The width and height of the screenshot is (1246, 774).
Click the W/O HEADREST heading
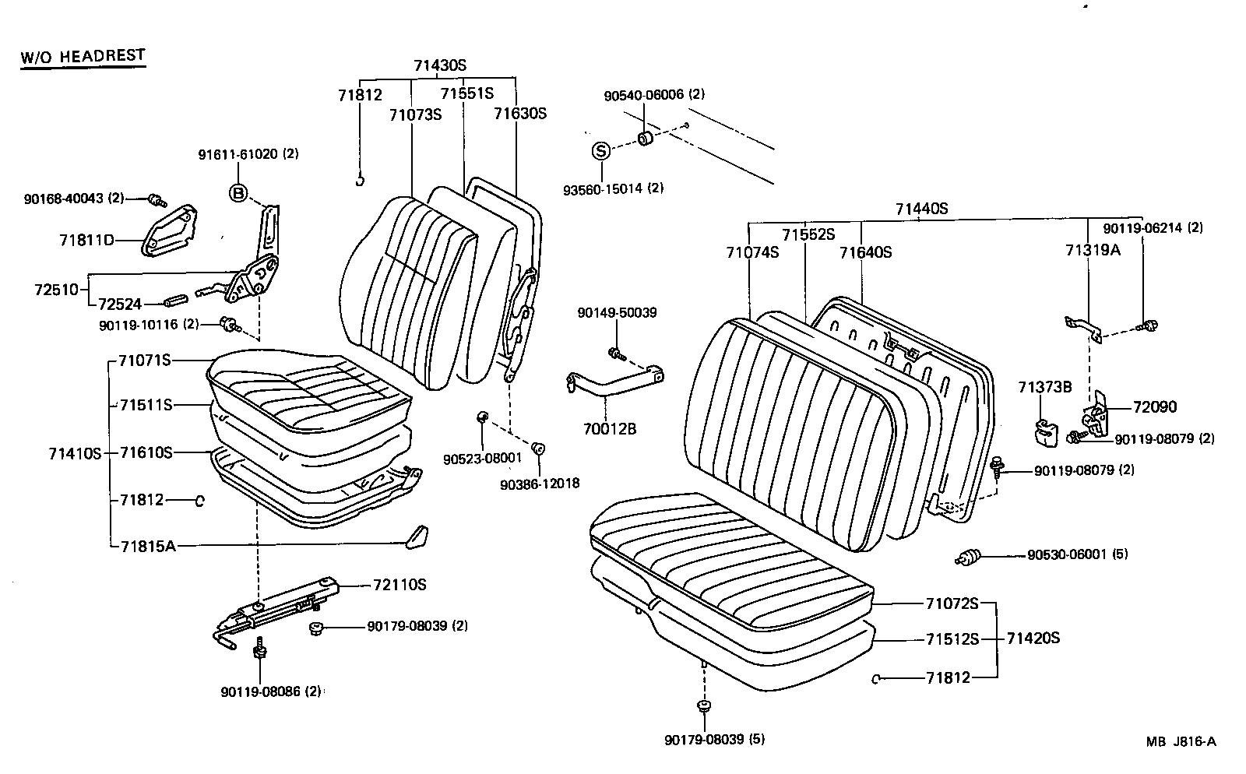[x=83, y=56]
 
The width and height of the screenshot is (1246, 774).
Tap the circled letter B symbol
[x=238, y=193]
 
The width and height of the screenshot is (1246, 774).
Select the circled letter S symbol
[x=601, y=151]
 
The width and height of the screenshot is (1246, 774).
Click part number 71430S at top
[x=440, y=66]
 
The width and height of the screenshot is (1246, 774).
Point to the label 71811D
[x=86, y=240]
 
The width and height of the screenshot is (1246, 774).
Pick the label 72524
[x=119, y=304]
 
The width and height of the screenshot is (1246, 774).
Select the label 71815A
[x=148, y=546]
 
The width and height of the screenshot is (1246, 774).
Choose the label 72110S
[x=399, y=585]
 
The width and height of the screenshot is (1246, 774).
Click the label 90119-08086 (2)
[x=271, y=691]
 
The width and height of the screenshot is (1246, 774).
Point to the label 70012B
[x=610, y=428]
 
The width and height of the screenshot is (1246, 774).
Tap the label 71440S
[x=921, y=209]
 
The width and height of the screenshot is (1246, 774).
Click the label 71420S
[x=1033, y=639]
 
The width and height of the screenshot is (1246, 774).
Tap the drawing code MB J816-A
[x=1180, y=741]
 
